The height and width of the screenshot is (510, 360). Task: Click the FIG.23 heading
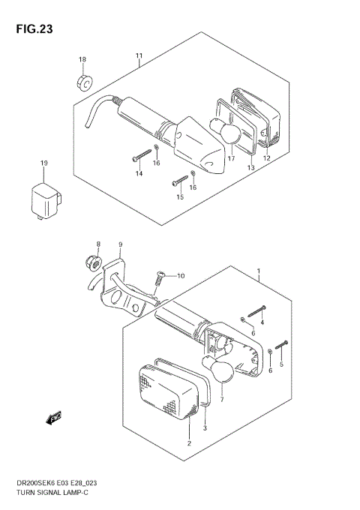[x=34, y=29]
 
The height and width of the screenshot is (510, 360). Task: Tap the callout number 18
[x=82, y=59]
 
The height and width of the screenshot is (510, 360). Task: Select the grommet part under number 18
[x=85, y=83]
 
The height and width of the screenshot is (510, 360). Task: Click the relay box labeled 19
[x=46, y=202]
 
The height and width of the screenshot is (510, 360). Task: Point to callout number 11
[x=139, y=55]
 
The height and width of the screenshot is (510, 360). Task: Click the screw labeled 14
[x=142, y=154]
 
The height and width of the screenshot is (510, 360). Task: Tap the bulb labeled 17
[x=225, y=131]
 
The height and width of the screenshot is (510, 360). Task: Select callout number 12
[x=267, y=158]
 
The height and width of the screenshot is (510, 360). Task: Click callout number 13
[x=250, y=168]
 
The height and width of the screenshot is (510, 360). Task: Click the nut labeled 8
[x=94, y=262]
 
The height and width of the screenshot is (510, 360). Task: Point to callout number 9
[x=120, y=244]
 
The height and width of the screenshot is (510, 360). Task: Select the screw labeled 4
[x=257, y=311]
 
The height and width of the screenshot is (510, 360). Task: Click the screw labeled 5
[x=281, y=345]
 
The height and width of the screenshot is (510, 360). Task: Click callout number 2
[x=189, y=443]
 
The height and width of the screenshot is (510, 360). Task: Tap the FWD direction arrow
[x=54, y=418]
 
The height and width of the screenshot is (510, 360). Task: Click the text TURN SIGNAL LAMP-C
[x=52, y=493]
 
